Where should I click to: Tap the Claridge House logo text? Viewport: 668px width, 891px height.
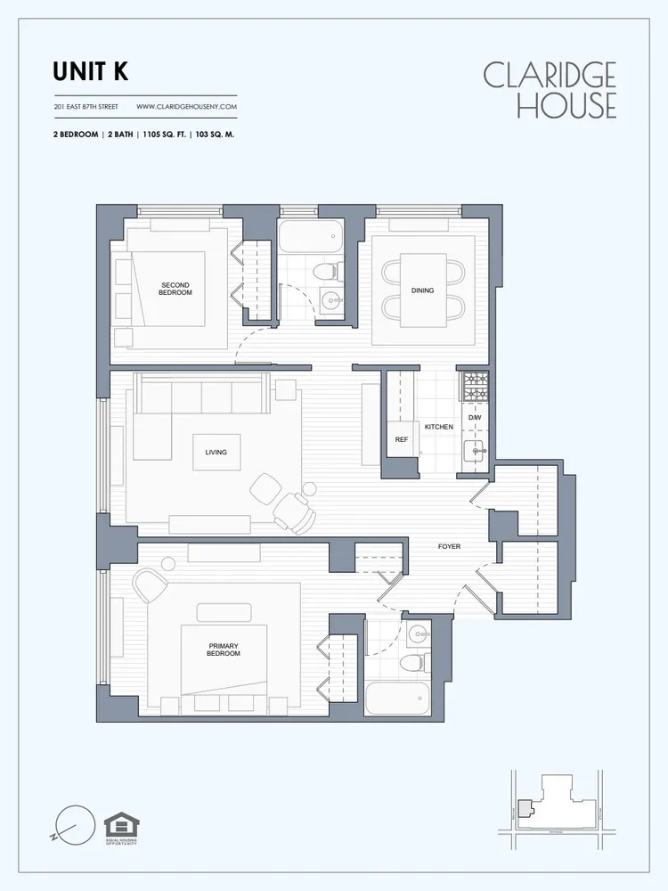(550, 89)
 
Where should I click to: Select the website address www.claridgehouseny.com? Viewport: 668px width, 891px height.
(186, 107)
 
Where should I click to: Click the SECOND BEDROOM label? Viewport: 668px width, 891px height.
(175, 289)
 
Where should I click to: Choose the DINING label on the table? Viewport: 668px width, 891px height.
(422, 290)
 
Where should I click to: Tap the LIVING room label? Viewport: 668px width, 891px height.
(216, 452)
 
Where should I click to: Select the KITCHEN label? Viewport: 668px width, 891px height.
(438, 427)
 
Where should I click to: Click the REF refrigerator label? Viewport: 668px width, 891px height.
(401, 439)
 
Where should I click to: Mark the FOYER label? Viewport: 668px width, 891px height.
(449, 546)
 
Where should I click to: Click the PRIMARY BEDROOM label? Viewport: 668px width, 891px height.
(224, 650)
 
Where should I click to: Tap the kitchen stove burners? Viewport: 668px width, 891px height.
(475, 386)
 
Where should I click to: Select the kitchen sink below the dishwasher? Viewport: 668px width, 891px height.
(475, 451)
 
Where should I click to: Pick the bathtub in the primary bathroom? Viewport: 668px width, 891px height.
(398, 699)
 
